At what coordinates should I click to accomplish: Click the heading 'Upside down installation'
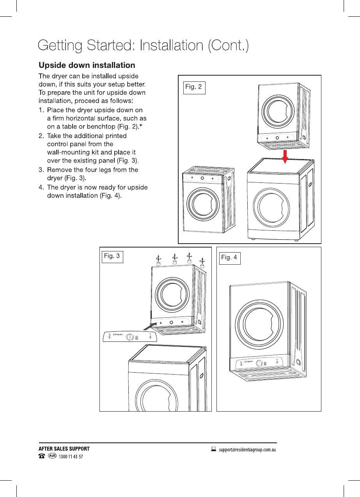(x=87, y=65)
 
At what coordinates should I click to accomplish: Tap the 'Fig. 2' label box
(x=194, y=87)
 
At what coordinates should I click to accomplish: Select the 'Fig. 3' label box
(x=112, y=257)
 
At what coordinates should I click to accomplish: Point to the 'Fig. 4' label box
(x=230, y=258)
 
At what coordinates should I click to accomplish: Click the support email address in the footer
(x=248, y=449)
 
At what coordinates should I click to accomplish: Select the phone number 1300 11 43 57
(x=70, y=457)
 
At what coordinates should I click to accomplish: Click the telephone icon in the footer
(x=41, y=456)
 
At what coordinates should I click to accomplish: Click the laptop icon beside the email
(x=213, y=449)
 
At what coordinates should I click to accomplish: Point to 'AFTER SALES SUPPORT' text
(x=64, y=449)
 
